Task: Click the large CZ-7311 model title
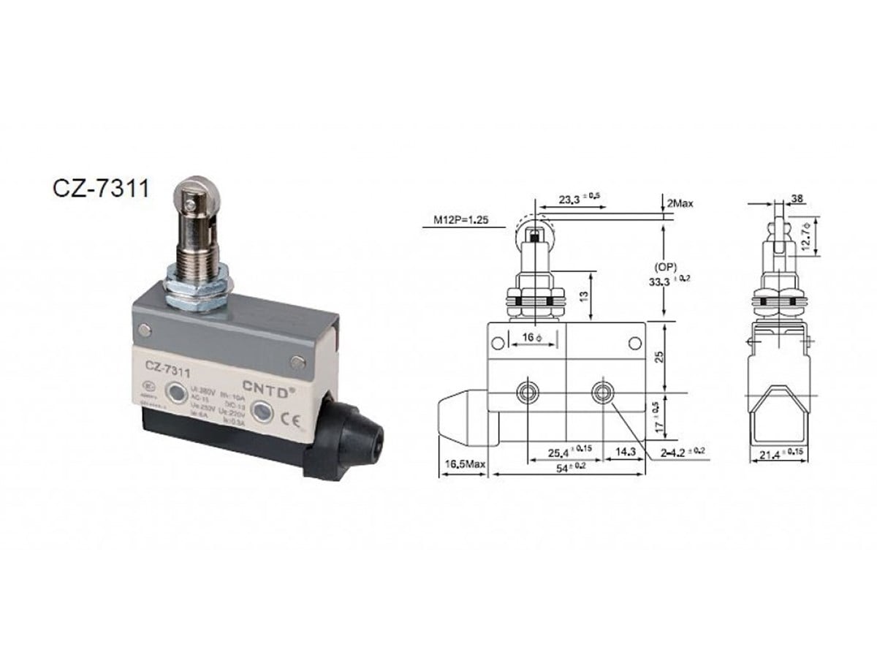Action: tap(101, 189)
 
